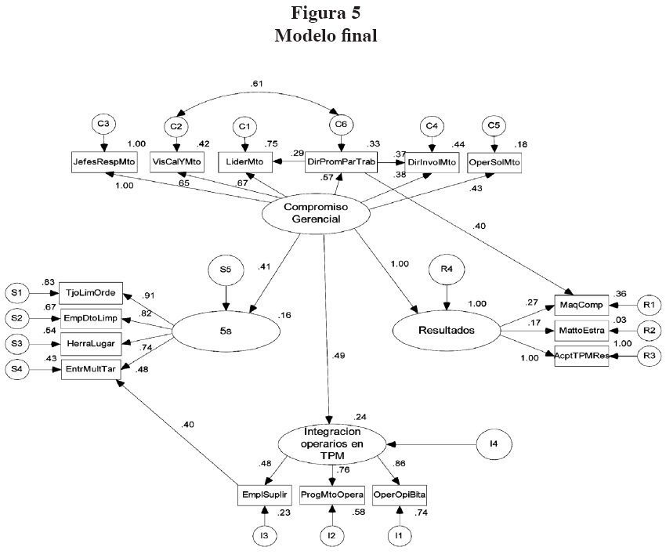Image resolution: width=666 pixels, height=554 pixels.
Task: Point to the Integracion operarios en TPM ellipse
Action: point(335,444)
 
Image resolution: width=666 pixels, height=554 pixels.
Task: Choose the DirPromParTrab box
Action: point(341,161)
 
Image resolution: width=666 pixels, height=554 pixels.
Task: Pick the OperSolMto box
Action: point(494,161)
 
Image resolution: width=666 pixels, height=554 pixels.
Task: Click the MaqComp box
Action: point(586,304)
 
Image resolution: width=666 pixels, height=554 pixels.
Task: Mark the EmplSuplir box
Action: point(266,494)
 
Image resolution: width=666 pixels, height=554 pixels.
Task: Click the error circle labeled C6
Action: point(341,125)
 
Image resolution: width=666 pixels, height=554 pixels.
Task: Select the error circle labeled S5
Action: point(226,271)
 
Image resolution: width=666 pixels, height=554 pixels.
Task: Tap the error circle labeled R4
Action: point(447,271)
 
